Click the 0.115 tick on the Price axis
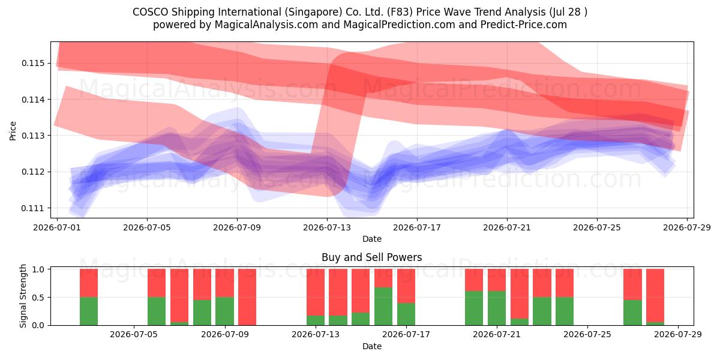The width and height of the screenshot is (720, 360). click(34, 63)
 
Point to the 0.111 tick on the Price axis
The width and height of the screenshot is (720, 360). click(34, 208)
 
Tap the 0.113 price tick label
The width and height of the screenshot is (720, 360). click(34, 136)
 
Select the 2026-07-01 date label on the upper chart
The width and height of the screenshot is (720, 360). click(57, 227)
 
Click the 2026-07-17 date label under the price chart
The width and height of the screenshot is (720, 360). click(417, 227)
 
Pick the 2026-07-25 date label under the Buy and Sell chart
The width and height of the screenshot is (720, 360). click(587, 334)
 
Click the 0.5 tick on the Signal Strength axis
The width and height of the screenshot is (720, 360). click(39, 298)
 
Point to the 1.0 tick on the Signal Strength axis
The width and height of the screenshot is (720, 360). click(39, 269)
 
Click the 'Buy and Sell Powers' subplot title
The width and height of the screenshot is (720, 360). click(372, 257)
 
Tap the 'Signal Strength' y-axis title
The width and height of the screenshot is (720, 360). click(23, 296)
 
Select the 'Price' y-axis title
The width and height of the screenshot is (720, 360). click(13, 131)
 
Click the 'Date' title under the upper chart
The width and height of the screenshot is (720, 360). click(372, 239)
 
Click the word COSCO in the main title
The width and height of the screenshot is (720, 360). click(151, 12)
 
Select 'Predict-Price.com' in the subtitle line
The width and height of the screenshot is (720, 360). click(524, 25)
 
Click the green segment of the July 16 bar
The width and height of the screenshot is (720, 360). click(383, 307)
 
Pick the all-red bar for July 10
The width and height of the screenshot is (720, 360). click(247, 297)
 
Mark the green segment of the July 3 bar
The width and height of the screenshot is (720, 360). click(89, 311)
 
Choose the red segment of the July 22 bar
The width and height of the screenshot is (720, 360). click(520, 294)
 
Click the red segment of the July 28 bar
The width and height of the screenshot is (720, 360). click(655, 295)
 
